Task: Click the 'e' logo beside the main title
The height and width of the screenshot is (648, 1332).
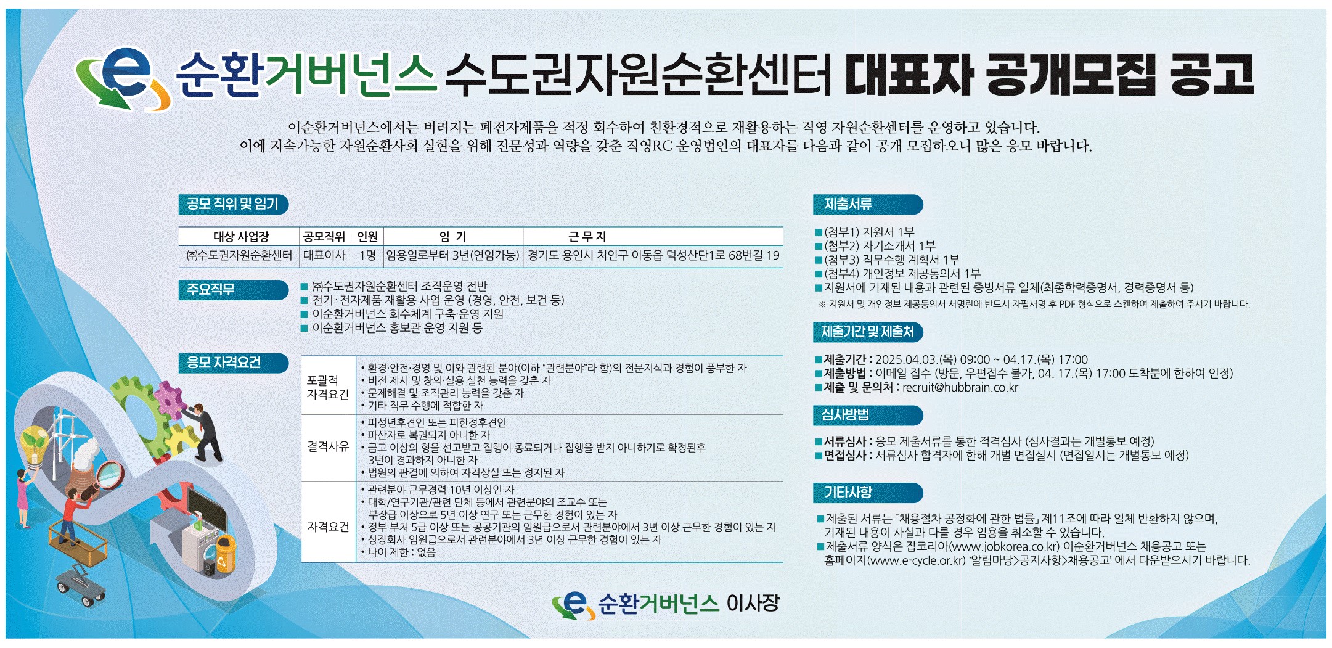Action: (x=123, y=78)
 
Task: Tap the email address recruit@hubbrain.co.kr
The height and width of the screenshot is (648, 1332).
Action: (x=960, y=388)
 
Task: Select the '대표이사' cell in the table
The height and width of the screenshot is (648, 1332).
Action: (x=324, y=255)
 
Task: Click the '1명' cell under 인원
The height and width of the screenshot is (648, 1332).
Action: (x=367, y=255)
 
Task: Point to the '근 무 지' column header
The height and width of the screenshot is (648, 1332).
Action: (x=587, y=237)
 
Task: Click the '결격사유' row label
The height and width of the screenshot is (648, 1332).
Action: (x=328, y=447)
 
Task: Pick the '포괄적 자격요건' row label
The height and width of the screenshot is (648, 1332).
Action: (x=328, y=387)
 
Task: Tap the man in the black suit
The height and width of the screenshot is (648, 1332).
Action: (x=203, y=432)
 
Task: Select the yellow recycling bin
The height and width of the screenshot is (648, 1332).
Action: (x=225, y=555)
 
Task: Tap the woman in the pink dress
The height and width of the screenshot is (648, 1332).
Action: (x=23, y=497)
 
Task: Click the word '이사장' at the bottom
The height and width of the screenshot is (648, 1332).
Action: (x=753, y=603)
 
